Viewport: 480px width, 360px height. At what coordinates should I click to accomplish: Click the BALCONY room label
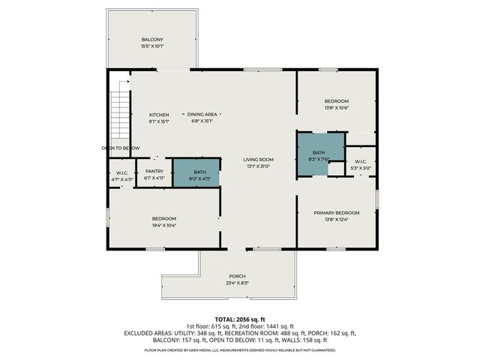click(x=152, y=39)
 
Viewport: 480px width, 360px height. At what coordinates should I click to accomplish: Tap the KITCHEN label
click(x=158, y=115)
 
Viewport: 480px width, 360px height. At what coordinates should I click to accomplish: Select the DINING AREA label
click(x=202, y=115)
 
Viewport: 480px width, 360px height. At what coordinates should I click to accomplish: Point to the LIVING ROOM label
click(x=258, y=159)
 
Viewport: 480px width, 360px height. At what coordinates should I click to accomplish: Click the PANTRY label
click(x=154, y=171)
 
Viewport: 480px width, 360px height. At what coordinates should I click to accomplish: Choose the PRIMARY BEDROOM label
click(x=336, y=213)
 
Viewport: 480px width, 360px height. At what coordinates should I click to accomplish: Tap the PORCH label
click(x=238, y=276)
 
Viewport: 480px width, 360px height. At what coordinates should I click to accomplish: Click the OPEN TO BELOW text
click(x=121, y=148)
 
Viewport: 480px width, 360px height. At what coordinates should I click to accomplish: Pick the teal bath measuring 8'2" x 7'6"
click(x=319, y=155)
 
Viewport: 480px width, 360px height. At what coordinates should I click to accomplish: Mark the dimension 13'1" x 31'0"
click(x=258, y=166)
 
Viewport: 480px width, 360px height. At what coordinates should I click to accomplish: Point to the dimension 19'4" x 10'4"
click(x=164, y=225)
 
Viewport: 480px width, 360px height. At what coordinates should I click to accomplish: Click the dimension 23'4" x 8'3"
click(x=238, y=283)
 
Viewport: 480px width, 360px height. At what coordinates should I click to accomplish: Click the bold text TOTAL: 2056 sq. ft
click(x=239, y=319)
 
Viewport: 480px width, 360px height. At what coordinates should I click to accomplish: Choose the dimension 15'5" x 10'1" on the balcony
click(x=152, y=46)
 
